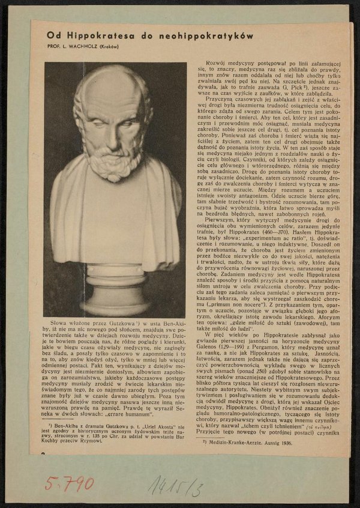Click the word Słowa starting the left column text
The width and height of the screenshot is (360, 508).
point(61,323)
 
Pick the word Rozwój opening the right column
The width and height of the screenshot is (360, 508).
point(217,63)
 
